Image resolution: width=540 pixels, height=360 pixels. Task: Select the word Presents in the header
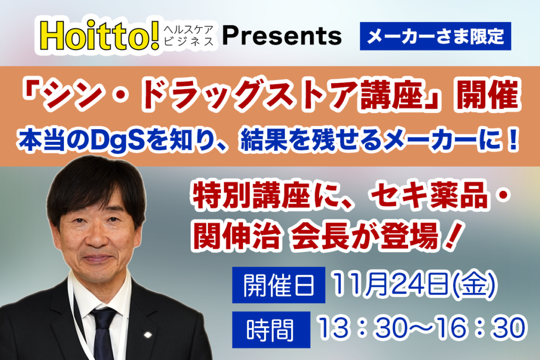coord(282,36)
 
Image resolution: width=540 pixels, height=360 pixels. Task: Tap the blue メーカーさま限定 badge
coord(435,36)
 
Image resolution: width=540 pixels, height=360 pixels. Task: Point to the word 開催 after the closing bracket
coord(488,95)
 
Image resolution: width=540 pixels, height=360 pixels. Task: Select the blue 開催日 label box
coord(278,285)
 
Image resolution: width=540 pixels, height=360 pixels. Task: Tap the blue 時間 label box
coord(271,330)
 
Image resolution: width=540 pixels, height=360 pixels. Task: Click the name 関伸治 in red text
coord(236,236)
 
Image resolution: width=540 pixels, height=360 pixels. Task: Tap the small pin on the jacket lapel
coord(148,335)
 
